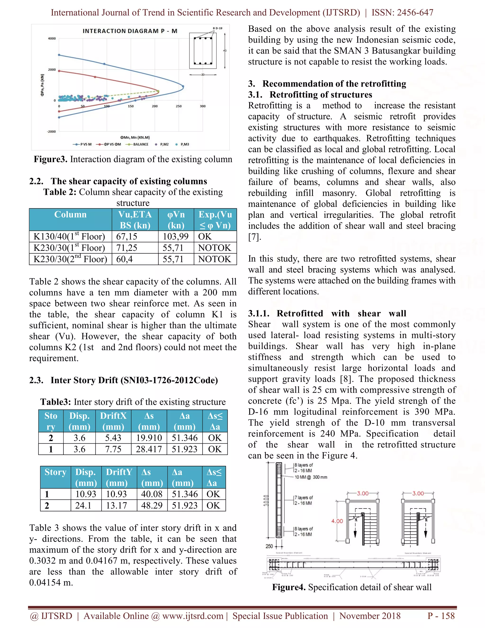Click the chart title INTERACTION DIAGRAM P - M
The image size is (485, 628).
[x=130, y=31]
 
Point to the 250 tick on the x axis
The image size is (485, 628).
[x=179, y=106]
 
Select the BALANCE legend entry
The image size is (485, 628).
[x=137, y=144]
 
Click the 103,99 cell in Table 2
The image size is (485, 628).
[x=175, y=236]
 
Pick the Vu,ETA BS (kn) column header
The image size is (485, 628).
[x=135, y=220]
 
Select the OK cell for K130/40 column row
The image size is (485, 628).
[x=205, y=236]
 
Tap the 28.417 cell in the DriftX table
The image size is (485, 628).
[x=148, y=449]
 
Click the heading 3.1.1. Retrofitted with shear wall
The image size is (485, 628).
[x=327, y=313]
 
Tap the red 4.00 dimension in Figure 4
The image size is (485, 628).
[x=337, y=521]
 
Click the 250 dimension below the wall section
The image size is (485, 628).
[x=269, y=546]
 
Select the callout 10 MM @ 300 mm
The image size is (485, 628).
[x=311, y=477]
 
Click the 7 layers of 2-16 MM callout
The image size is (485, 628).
[x=303, y=500]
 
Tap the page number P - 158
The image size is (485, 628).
[x=441, y=616]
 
